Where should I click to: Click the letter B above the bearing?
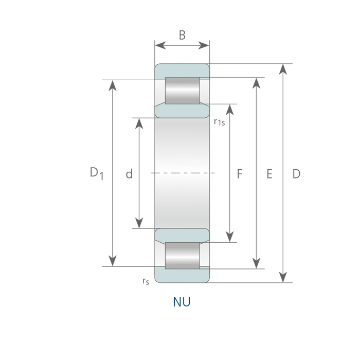182,35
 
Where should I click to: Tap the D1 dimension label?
97,173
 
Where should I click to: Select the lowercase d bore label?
129,174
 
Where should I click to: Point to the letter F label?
240,174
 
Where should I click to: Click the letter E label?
269,174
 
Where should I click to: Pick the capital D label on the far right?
296,174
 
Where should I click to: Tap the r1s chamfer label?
219,122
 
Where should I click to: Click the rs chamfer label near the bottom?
146,281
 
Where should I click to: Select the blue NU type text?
182,302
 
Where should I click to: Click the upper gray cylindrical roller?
183,91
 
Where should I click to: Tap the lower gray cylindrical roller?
183,256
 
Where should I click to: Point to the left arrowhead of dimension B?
160,45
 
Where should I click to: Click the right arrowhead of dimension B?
204,45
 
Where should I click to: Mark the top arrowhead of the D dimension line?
283,69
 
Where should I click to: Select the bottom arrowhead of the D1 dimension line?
113,261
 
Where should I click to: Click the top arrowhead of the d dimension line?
139,123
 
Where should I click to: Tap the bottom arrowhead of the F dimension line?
230,237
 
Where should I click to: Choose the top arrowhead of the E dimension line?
256,83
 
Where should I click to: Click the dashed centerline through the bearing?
183,173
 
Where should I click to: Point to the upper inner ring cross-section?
182,111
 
